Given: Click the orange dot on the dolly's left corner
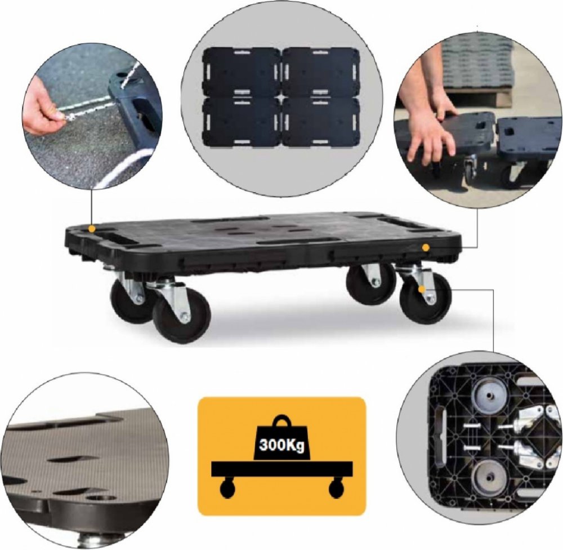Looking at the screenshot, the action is pos(92,229).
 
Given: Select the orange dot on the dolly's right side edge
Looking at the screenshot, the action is pos(426,247).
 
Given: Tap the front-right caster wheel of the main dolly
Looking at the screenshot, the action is pos(425,298).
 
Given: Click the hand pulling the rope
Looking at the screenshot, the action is pos(44,112).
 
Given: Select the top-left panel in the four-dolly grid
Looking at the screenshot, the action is pos(242,72).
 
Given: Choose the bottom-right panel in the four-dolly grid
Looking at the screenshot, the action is pos(321,122).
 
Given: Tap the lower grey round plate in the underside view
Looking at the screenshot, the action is pos(488,480).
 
